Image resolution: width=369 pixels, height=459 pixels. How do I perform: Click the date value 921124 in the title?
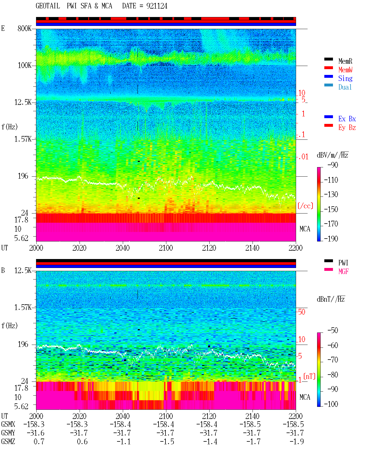coord(157,6)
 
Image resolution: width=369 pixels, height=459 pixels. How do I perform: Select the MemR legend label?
coord(345,61)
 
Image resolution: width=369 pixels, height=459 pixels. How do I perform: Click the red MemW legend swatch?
coord(328,68)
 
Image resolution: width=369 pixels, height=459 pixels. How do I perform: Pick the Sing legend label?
coord(345,78)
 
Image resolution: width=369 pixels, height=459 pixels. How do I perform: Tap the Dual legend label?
coord(345,87)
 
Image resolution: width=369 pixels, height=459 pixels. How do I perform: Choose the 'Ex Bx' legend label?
coord(347,119)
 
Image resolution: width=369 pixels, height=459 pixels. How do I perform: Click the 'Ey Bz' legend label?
coord(347,128)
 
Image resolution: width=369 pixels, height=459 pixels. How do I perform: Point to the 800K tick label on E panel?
coord(25,28)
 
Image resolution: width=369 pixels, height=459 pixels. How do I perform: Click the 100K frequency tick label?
coord(25,65)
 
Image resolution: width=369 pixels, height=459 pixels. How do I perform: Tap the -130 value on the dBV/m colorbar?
coord(331,194)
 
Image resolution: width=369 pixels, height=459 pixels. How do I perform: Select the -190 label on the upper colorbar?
coord(331,239)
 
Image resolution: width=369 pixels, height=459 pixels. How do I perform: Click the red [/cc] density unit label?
coord(305,206)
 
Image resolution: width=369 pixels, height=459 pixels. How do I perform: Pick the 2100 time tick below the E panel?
coord(166,248)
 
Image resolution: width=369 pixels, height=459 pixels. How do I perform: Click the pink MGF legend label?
coord(343,271)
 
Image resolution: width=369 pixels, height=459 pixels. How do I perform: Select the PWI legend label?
coord(343,263)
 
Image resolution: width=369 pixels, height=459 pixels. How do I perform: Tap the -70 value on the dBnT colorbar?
coord(333,360)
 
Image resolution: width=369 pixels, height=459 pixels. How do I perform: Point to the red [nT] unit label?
coord(309,376)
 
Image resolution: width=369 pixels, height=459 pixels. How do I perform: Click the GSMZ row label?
coord(8,441)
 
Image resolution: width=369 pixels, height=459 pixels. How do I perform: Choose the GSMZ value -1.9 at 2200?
coord(297,441)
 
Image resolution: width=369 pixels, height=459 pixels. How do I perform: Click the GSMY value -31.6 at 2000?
coord(35,433)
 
